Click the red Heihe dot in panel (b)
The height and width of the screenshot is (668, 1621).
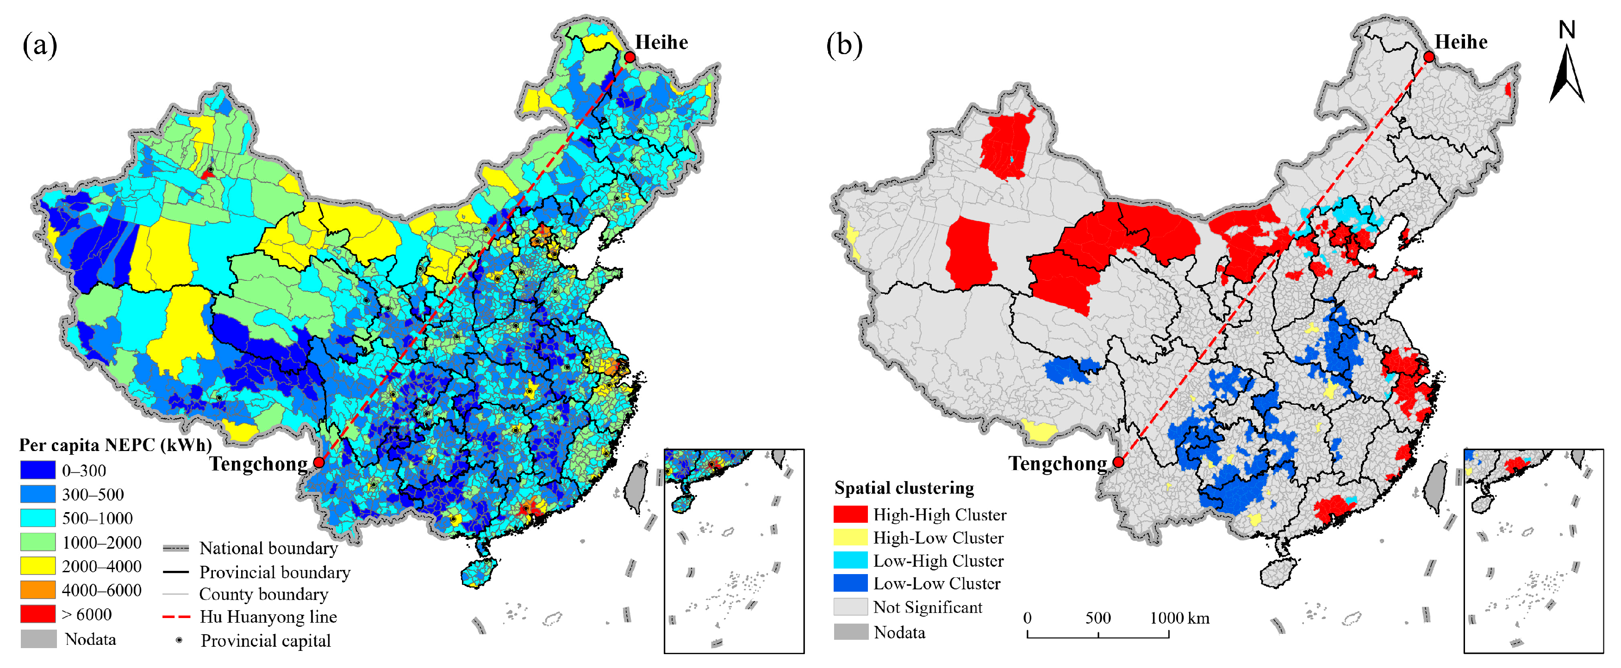tap(1428, 57)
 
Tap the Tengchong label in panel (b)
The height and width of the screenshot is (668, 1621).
tap(1057, 464)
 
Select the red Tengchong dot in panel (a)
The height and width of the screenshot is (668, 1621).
tap(319, 462)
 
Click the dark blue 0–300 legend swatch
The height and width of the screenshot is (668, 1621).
tap(38, 470)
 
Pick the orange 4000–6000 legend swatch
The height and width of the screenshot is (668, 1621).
tap(38, 589)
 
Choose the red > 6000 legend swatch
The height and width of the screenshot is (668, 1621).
tap(38, 613)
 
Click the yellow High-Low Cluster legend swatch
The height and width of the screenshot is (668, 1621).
tap(850, 537)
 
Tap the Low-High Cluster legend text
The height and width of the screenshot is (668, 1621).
tap(938, 560)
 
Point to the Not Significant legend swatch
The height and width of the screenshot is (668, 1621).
tap(850, 606)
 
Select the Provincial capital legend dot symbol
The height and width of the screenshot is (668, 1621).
tap(179, 640)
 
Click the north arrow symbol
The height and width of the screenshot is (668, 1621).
tap(1566, 69)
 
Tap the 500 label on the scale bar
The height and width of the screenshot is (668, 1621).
tap(1097, 618)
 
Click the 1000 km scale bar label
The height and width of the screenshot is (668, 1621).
tap(1179, 618)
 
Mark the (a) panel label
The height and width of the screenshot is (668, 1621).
tap(40, 45)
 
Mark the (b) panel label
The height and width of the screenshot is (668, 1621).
tap(844, 45)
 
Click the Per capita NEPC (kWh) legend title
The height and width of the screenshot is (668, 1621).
tap(115, 445)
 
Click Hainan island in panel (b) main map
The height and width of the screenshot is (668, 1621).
tap(1278, 572)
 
